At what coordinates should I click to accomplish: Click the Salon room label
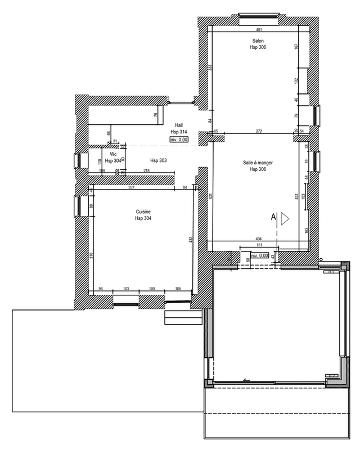coord(258,41)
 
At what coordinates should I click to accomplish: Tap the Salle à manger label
coord(258,162)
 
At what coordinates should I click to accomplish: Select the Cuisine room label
coord(143,212)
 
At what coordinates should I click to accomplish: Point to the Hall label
coord(178,125)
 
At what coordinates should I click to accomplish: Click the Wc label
coord(113,154)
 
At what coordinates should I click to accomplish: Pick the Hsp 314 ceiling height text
coord(178,132)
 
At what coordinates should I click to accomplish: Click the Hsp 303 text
coord(159,160)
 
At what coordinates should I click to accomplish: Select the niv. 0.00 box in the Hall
coord(179,138)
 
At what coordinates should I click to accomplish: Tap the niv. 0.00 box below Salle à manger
coord(260,256)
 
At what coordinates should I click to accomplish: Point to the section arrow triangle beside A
coord(285,218)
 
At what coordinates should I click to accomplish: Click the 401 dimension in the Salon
coord(259,29)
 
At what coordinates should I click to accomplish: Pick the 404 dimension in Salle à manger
coord(260,239)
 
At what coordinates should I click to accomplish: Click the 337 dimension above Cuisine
coord(131,187)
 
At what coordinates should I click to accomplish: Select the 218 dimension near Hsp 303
coord(146,170)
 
